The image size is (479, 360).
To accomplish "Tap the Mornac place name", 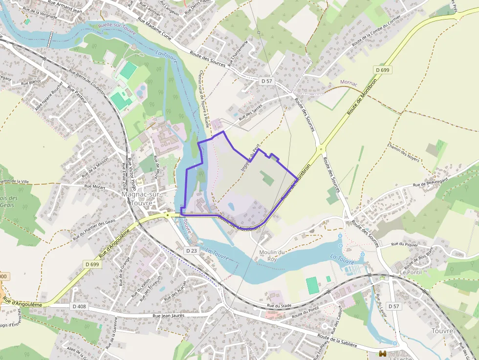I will (349, 83).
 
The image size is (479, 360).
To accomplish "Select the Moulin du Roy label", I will (272, 255).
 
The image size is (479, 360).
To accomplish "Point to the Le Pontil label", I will (411, 272).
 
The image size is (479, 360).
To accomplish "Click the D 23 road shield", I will (191, 250).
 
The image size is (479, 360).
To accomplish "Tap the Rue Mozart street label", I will (95, 186).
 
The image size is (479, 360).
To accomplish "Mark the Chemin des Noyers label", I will (403, 152).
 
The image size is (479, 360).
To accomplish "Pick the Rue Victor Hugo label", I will (131, 174).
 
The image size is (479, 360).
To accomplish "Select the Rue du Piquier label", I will (405, 244).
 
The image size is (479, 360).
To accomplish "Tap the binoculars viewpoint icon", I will (383, 353).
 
